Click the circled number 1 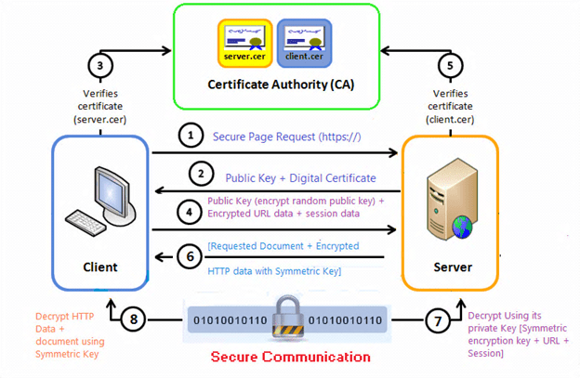click(190, 136)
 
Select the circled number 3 click(99, 66)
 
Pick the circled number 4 click(190, 211)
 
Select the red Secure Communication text click(290, 358)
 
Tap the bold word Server click(451, 267)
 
